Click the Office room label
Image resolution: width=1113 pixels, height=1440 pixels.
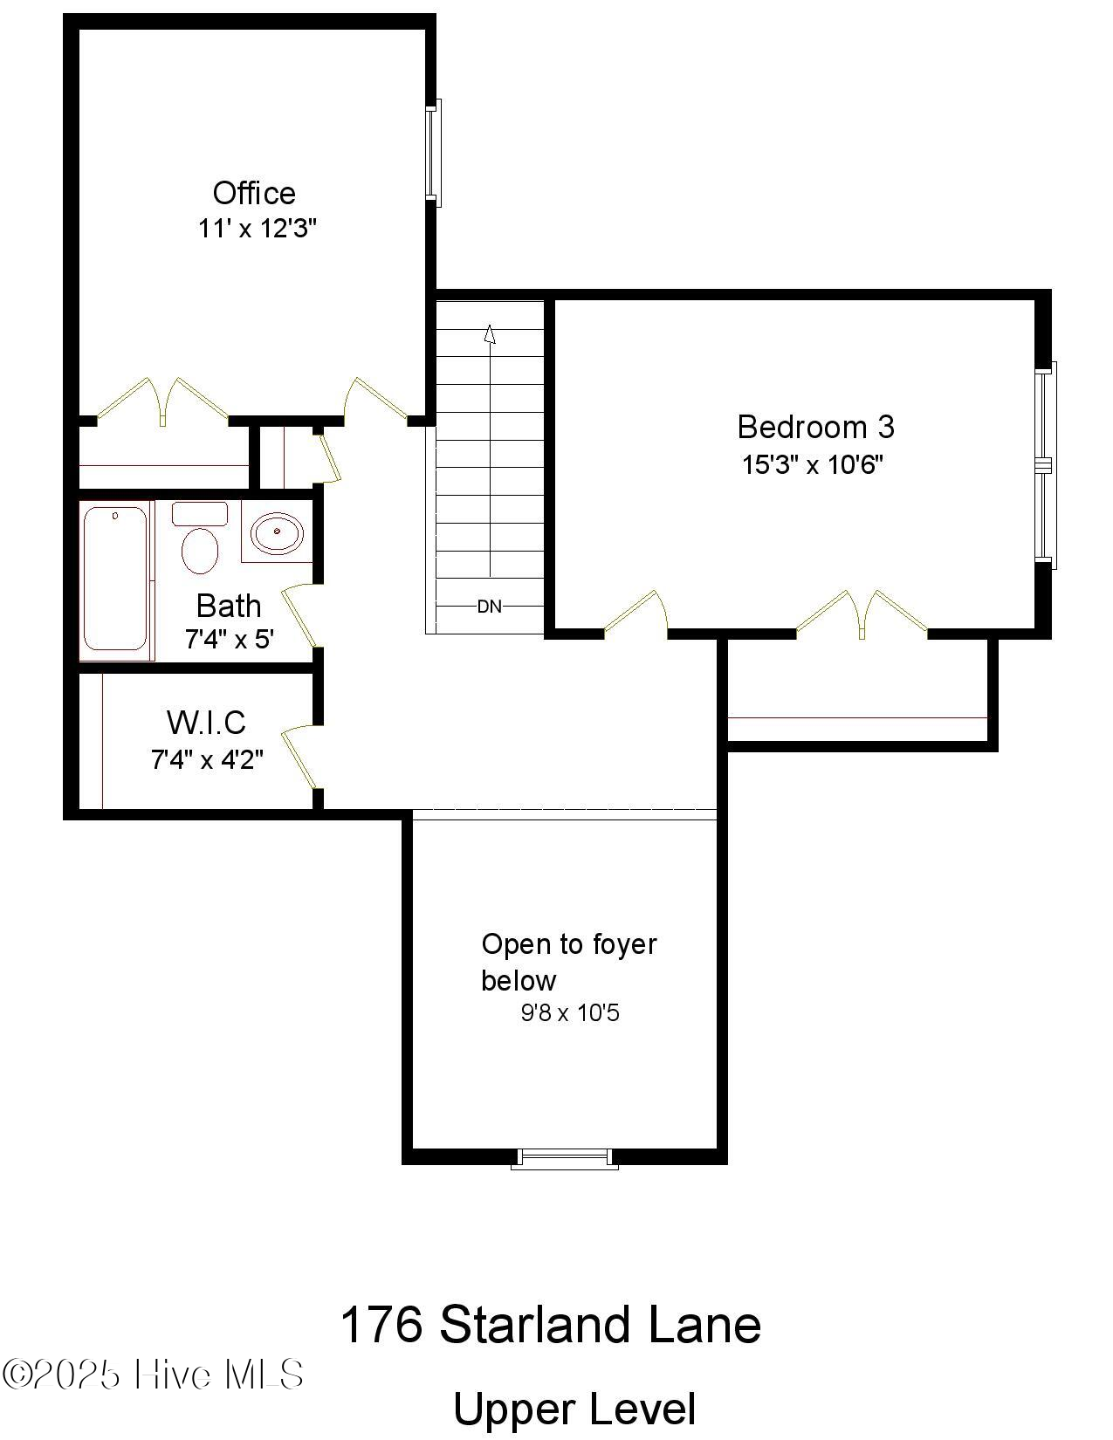pos(254,193)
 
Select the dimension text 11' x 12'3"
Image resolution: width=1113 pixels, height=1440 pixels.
pos(257,230)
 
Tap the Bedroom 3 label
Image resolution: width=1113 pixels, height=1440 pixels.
pos(815,427)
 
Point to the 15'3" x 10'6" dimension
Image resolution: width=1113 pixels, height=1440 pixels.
pos(813,464)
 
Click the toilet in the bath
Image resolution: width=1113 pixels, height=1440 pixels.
pos(200,550)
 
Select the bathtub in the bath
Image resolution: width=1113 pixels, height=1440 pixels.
pos(115,578)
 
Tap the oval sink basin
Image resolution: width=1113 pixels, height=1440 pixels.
pos(278,531)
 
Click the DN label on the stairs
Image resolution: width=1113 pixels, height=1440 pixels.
pos(490,607)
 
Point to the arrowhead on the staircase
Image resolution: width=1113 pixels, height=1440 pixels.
pos(490,334)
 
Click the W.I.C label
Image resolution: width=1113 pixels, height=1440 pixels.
pos(206,723)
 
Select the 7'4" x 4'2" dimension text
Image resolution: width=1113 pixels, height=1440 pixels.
pos(207,760)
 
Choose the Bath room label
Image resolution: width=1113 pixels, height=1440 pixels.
pos(228,606)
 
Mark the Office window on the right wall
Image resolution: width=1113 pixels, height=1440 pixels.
pos(434,153)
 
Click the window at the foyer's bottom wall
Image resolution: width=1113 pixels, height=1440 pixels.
pos(564,1159)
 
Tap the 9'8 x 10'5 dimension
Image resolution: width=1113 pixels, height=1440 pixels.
pos(570,1013)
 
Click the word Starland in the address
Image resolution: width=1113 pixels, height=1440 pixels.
pos(535,1325)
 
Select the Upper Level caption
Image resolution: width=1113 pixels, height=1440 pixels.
pos(574,1409)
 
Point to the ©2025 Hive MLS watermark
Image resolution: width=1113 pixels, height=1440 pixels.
pos(154,1375)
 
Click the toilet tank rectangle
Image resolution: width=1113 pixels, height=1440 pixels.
pos(200,513)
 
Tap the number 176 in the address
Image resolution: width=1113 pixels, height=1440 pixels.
pos(381,1325)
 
